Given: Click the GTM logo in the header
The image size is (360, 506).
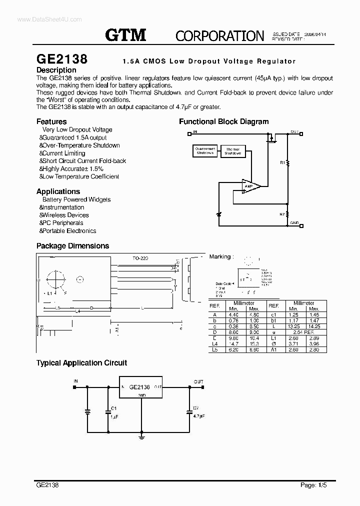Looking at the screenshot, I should pos(125,35).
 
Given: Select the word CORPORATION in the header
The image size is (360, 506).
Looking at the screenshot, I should pos(219,35).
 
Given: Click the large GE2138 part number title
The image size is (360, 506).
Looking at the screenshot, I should pos(62,59).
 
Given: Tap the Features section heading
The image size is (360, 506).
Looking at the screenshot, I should pos(51,121).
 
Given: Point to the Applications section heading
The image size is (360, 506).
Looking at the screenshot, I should pos(58,191).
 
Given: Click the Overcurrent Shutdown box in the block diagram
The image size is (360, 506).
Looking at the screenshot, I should pos(205,151).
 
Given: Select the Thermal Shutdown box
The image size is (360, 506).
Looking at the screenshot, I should pos(232,151).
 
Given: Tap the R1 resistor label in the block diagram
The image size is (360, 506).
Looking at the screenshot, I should pos(282,162).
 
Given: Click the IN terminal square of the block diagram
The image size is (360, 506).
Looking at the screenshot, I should pos(189,133).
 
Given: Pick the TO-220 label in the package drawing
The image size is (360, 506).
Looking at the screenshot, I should pos(140,258).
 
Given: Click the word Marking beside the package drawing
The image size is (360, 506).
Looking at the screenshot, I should pos(220,256).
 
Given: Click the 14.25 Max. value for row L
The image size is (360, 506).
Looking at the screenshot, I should pos(313,326).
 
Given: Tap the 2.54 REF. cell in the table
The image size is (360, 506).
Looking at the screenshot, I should pos(303,332).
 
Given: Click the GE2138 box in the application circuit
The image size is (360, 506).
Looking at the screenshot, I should pos(140,387).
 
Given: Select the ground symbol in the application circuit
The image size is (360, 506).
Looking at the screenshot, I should pos(141,436).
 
